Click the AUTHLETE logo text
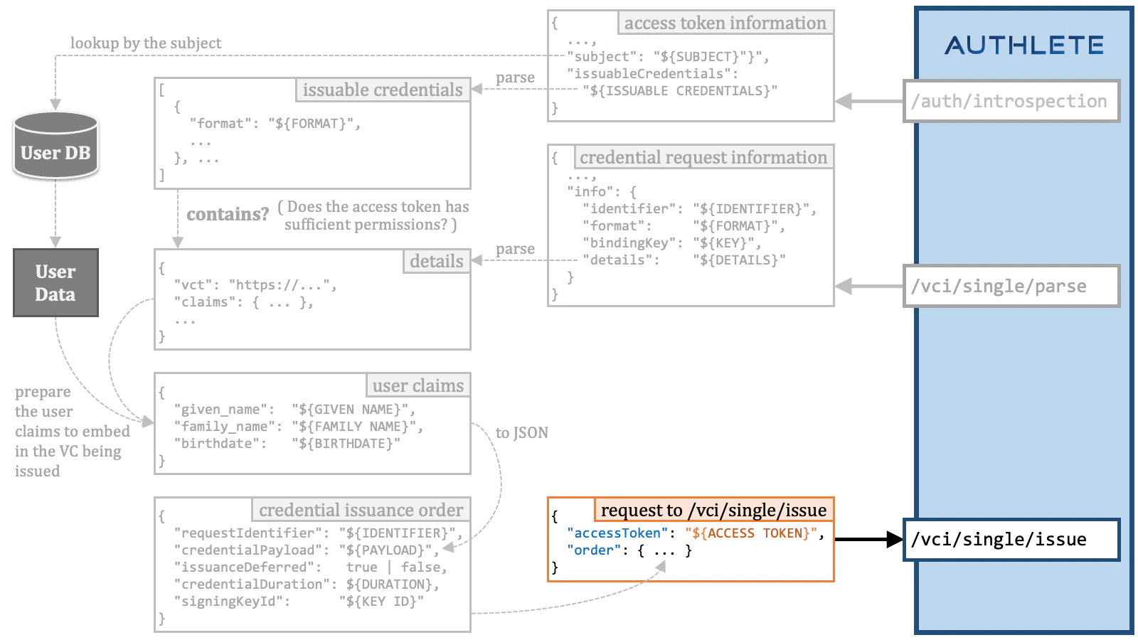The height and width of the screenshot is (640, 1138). tap(1023, 46)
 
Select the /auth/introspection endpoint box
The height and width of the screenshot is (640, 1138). tap(1011, 102)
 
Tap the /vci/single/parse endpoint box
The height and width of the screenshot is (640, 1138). tap(1011, 286)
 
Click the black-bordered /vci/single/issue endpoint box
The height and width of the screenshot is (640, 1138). tap(1011, 540)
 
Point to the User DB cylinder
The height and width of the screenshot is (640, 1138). tap(55, 146)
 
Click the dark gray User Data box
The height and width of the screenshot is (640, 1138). tap(55, 282)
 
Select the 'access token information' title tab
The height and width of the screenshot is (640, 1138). tap(725, 23)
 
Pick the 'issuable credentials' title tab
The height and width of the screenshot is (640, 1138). tap(383, 90)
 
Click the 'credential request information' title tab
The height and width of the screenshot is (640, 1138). tap(703, 157)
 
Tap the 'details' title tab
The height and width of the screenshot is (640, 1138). tap(436, 262)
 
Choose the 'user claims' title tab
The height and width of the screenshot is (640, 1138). tap(418, 385)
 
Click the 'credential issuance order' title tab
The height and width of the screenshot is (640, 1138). tap(361, 510)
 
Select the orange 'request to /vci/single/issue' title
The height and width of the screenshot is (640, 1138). tap(713, 510)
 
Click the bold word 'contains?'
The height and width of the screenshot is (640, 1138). tap(228, 214)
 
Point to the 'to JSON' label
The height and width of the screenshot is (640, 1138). tap(522, 433)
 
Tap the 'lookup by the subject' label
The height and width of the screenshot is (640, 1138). tap(146, 43)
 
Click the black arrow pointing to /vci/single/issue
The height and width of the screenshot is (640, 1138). tap(868, 540)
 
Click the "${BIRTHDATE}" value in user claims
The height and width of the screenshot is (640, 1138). tap(346, 444)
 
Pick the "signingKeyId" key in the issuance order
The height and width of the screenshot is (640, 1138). tap(235, 602)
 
